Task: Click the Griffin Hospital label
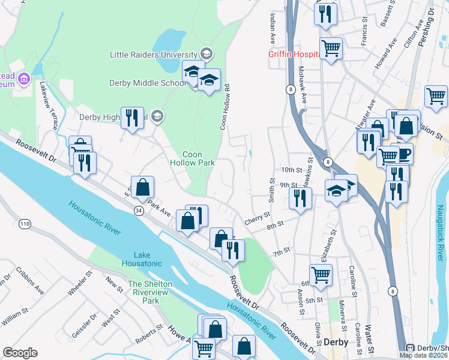point(293,54)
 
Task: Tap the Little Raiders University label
point(154,54)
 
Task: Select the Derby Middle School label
point(148,83)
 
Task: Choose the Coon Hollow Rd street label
point(226,107)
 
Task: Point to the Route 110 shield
point(25,224)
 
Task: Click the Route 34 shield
point(139,211)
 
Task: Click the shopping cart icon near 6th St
point(321,274)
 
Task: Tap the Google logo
point(20,352)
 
